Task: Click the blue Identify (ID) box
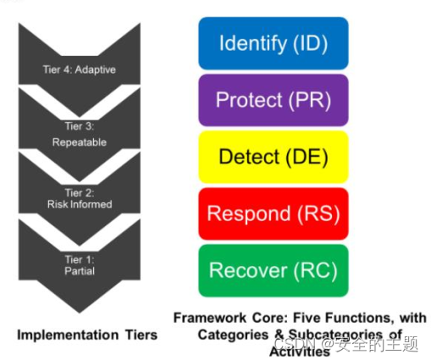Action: coord(274,43)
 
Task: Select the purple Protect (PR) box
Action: coord(274,100)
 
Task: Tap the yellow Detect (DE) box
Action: coord(274,157)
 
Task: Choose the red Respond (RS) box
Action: coord(274,213)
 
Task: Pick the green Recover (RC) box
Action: coord(274,270)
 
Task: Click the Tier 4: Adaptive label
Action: coord(80,69)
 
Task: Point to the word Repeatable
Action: coord(80,142)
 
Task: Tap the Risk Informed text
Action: coord(80,204)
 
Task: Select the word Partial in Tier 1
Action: coord(80,271)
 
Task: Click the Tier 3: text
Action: coord(80,126)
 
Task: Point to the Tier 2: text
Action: coord(80,193)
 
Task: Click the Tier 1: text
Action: coord(80,259)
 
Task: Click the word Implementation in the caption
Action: coord(68,335)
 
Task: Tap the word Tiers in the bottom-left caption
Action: coord(141,335)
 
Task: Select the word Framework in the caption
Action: coord(210,318)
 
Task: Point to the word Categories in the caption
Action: coord(233,335)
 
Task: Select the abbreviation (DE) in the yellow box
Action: coord(307,158)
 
